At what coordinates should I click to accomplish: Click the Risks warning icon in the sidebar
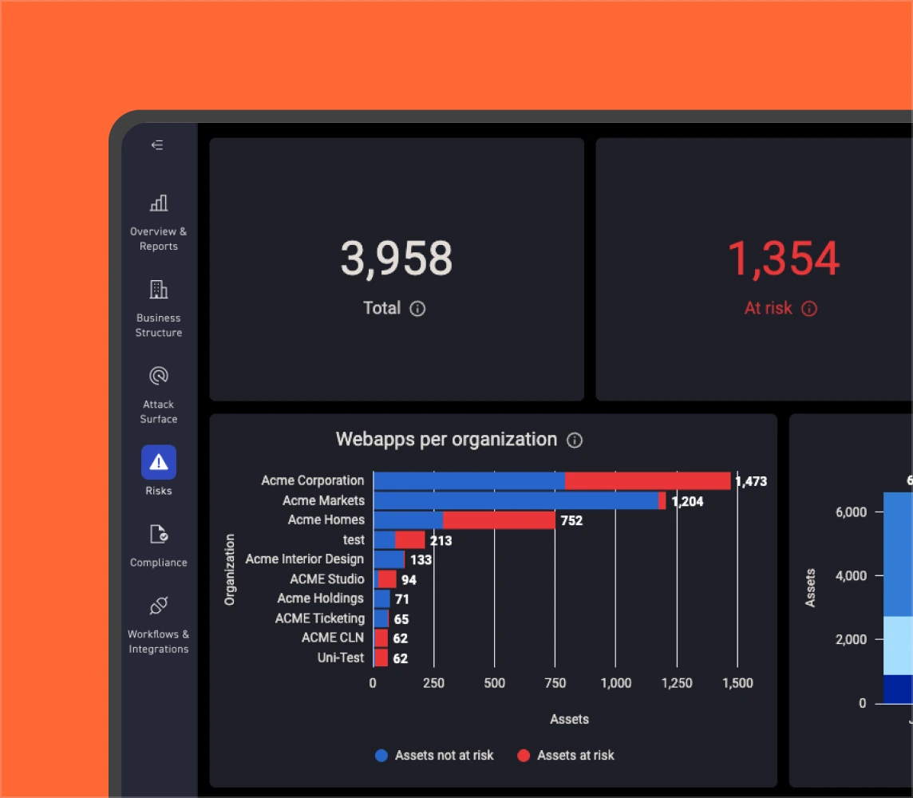(159, 462)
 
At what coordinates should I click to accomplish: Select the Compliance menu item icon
(159, 534)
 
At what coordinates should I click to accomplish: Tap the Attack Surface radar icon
(159, 376)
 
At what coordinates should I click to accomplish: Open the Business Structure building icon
(159, 290)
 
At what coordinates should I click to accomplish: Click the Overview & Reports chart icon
(159, 203)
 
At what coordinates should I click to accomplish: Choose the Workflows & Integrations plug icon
(159, 606)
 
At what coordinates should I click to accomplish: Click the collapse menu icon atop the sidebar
(157, 145)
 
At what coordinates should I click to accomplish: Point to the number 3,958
(397, 259)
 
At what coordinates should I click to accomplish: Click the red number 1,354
(783, 259)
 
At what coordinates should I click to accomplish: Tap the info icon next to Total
(417, 309)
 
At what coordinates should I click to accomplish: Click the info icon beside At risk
(809, 309)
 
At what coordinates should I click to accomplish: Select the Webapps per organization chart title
(446, 440)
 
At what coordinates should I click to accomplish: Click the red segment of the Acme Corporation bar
(647, 480)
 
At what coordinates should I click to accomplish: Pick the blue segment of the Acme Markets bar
(516, 500)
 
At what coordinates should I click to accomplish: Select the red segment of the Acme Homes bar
(499, 520)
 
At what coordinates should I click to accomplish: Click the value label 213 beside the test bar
(441, 540)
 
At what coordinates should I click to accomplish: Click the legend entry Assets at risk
(575, 756)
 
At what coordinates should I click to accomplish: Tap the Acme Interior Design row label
(304, 559)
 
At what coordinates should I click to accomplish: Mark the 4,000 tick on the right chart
(851, 575)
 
